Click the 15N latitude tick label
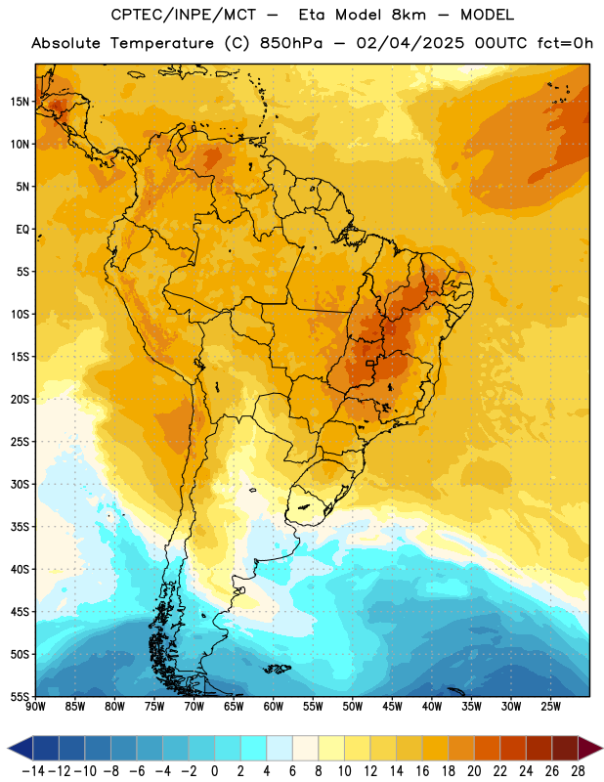20,102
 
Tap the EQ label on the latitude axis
22,230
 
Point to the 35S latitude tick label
20,527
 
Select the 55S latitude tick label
20,696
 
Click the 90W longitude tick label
35,706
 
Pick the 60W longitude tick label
274,706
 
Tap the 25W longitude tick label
550,706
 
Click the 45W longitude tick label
392,706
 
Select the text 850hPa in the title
291,43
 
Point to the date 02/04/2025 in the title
410,43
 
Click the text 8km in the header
409,15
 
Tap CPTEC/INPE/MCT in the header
184,15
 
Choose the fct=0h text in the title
565,43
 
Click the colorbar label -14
33,771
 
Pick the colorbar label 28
578,771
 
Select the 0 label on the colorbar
214,771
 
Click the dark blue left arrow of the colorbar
20,748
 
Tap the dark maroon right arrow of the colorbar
590,748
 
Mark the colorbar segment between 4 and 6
280,748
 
